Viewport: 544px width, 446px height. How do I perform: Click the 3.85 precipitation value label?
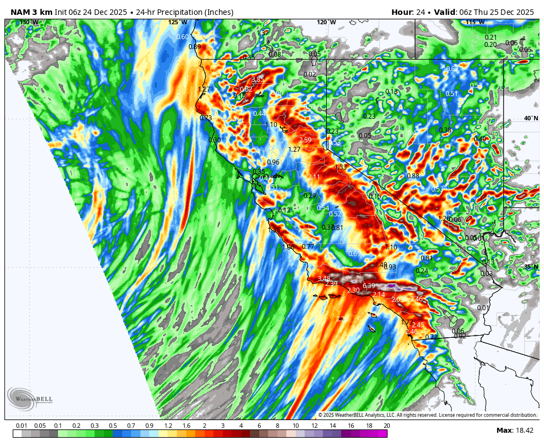pyautogui.click(x=258, y=80)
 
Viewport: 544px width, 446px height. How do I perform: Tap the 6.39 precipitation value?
pyautogui.click(x=369, y=285)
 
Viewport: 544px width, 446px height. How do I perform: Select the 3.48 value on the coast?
pyautogui.click(x=324, y=279)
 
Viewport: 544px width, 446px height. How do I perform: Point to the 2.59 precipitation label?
pyautogui.click(x=305, y=140)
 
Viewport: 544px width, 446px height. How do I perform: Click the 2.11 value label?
pyautogui.click(x=314, y=177)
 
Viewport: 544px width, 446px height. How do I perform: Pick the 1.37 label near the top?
pyautogui.click(x=263, y=33)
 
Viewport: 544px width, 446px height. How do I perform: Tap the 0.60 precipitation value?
pyautogui.click(x=182, y=37)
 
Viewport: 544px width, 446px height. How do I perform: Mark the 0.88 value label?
pyautogui.click(x=413, y=176)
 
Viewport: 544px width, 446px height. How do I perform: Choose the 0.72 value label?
pyautogui.click(x=431, y=337)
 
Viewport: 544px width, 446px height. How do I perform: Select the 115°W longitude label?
pyautogui.click(x=475, y=23)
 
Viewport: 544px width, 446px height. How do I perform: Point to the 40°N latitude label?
pyautogui.click(x=531, y=119)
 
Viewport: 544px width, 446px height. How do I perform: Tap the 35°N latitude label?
pyautogui.click(x=531, y=267)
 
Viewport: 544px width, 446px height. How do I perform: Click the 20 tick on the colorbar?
pyautogui.click(x=386, y=426)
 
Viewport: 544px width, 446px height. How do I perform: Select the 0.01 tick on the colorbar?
pyautogui.click(x=22, y=426)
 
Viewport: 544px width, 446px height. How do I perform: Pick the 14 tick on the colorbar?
pyautogui.click(x=333, y=426)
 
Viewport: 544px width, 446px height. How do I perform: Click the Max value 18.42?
pyautogui.click(x=525, y=431)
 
